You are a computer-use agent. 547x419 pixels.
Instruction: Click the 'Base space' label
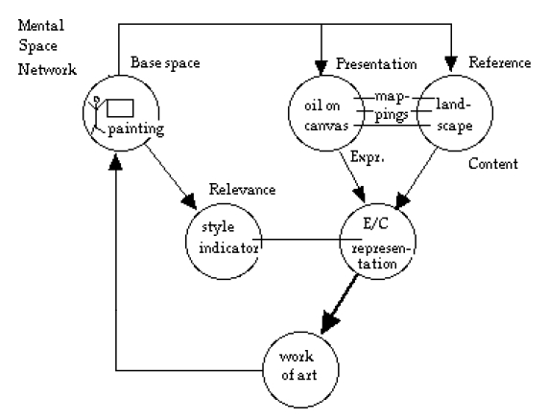[165, 63]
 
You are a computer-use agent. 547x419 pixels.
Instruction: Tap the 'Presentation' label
[376, 64]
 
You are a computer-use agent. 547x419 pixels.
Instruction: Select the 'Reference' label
[500, 62]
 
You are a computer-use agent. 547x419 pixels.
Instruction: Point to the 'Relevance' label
[242, 190]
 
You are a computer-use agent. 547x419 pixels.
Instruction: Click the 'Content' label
[493, 164]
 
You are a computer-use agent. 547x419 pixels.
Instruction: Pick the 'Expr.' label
[367, 157]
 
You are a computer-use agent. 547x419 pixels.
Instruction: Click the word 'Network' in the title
[47, 69]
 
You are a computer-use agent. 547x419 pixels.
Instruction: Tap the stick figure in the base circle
[96, 115]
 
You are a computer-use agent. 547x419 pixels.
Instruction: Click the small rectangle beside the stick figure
[120, 108]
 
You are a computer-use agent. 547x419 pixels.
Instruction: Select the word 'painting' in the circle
[136, 129]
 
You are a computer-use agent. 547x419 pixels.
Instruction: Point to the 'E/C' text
[375, 223]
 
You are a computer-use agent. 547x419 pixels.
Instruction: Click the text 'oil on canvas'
[326, 116]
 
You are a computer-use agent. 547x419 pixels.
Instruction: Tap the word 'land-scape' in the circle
[454, 115]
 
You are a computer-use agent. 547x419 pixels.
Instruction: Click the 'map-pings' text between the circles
[392, 106]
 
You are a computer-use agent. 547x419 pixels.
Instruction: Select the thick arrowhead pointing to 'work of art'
[328, 321]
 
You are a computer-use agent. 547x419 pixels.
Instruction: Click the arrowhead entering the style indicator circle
[190, 200]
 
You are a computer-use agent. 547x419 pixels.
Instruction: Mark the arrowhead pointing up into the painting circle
[115, 162]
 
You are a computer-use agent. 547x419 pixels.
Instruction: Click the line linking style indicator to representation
[307, 240]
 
